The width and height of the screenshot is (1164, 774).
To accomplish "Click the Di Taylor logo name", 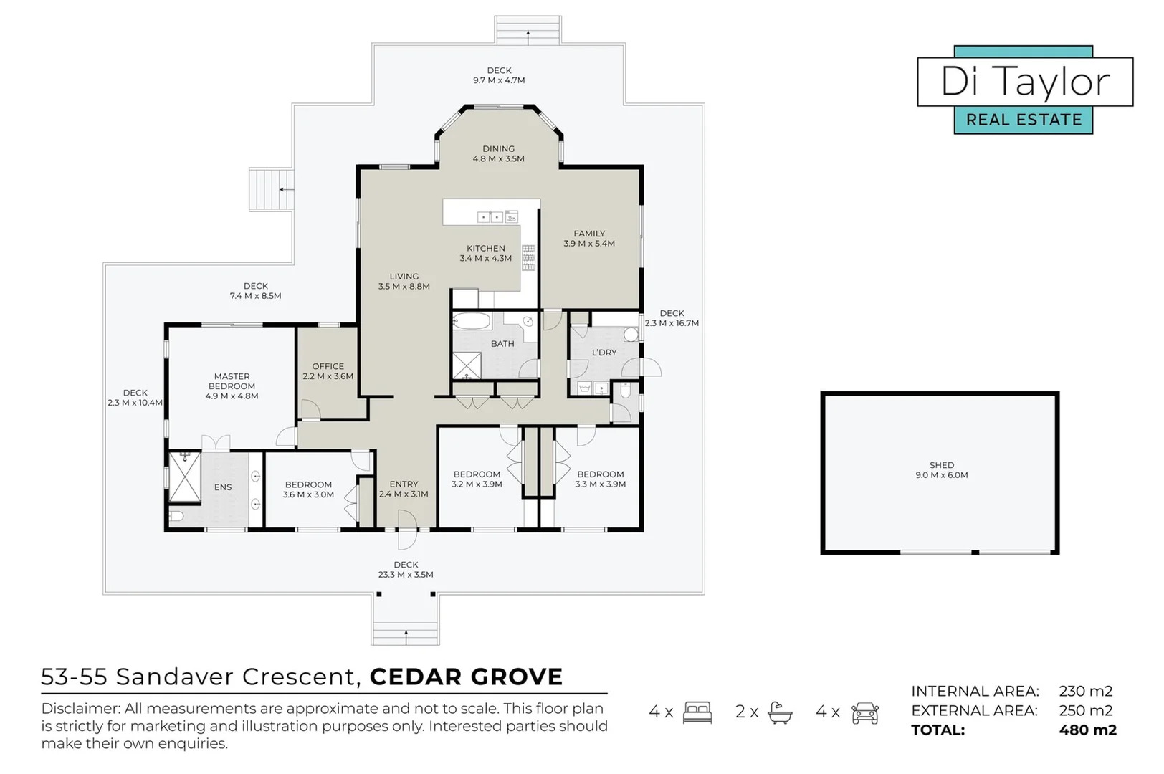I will point(1025,82).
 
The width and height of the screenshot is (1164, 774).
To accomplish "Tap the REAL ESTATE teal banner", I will point(1024,120).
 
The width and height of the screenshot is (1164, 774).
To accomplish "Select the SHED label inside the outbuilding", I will point(941,465).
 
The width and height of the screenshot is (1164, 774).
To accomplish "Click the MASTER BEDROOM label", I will point(232,381).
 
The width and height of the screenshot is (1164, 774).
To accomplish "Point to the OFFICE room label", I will point(328,366).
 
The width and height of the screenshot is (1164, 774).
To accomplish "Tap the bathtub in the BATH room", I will point(472,320).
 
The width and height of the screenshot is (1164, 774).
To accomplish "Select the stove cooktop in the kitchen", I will point(528,257).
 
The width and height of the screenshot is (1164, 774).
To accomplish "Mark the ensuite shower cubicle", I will point(184,477).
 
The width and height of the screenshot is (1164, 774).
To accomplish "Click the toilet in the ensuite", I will point(176,516).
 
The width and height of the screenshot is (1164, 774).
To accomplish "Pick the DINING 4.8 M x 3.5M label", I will point(498,154).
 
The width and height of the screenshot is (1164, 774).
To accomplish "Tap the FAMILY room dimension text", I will point(589,244).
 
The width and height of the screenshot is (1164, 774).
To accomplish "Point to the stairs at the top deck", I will point(528,31).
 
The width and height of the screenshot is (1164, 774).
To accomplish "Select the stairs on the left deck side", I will point(271,189).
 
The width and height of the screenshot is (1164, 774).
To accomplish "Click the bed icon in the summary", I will point(697,712).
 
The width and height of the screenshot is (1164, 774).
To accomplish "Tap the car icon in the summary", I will point(865,712).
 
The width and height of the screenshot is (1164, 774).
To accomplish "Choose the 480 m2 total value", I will point(1087,730).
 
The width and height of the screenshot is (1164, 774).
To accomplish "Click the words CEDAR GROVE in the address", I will point(466,677).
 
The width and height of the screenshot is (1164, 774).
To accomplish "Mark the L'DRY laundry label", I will point(604,353).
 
